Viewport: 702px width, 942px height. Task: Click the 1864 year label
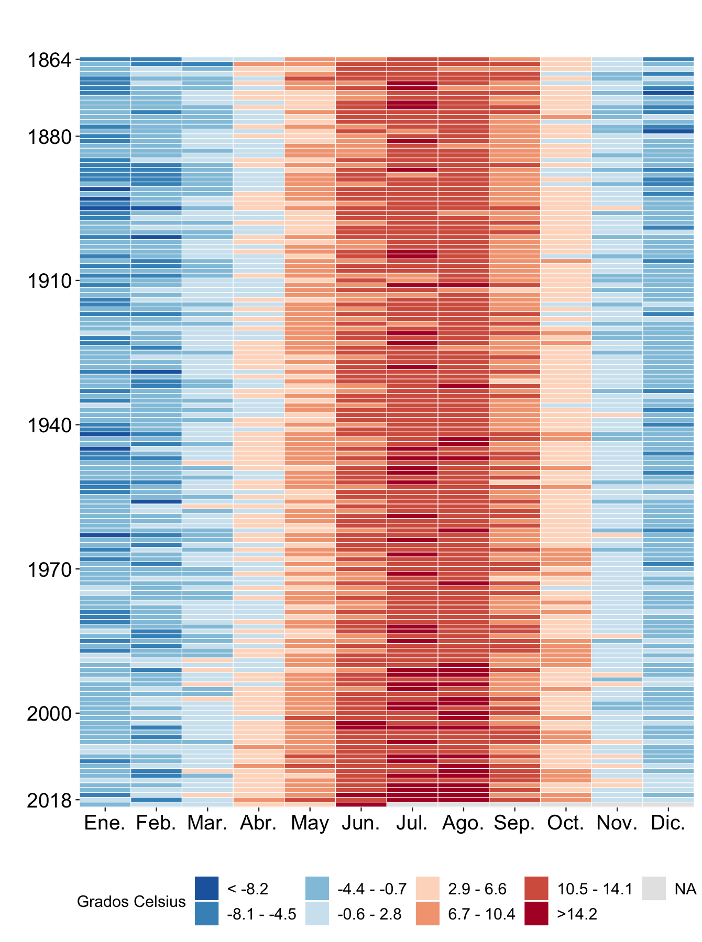click(x=49, y=61)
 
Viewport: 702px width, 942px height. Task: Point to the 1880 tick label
click(x=49, y=137)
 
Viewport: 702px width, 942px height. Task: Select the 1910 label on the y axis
click(x=49, y=282)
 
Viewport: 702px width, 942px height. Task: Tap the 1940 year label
click(x=49, y=426)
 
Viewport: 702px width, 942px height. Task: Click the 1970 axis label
click(x=49, y=570)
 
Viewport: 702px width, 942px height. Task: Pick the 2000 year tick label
click(x=49, y=714)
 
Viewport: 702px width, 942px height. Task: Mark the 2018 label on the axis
click(x=49, y=801)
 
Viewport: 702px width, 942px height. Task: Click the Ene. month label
click(x=105, y=824)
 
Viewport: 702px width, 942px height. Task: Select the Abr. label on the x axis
click(x=258, y=824)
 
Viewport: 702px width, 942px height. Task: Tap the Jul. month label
click(x=412, y=824)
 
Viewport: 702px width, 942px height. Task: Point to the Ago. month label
click(x=463, y=824)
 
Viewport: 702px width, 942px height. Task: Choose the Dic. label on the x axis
click(x=668, y=824)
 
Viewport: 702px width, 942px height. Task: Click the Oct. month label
click(x=566, y=824)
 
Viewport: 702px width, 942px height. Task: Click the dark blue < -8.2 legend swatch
click(x=206, y=889)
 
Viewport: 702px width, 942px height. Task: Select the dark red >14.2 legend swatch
click(x=536, y=914)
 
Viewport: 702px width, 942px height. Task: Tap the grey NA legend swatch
click(x=654, y=889)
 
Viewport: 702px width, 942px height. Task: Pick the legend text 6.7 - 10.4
click(x=481, y=914)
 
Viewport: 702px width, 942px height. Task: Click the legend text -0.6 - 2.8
click(x=369, y=914)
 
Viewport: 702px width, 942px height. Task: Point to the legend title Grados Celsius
click(x=131, y=902)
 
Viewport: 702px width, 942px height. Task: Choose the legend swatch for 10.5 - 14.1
click(x=536, y=889)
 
